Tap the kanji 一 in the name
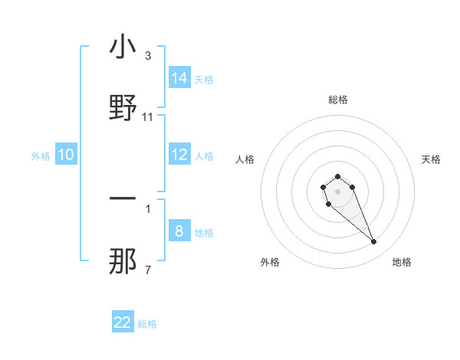pyautogui.click(x=123, y=201)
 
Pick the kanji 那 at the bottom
pyautogui.click(x=123, y=261)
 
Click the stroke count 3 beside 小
pyautogui.click(x=148, y=56)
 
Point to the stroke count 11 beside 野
pyautogui.click(x=148, y=116)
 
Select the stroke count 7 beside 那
pyautogui.click(x=148, y=270)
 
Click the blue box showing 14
pyautogui.click(x=179, y=78)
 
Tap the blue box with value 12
pyautogui.click(x=179, y=155)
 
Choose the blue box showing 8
pyautogui.click(x=179, y=231)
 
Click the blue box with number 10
pyautogui.click(x=66, y=155)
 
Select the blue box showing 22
pyautogui.click(x=123, y=322)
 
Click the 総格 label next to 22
pyautogui.click(x=147, y=324)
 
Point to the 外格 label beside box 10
pyautogui.click(x=41, y=156)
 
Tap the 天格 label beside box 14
pyautogui.click(x=204, y=79)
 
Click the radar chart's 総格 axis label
pyautogui.click(x=338, y=100)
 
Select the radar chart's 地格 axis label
pyautogui.click(x=402, y=262)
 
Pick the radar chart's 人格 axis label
pyautogui.click(x=245, y=159)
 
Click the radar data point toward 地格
pyautogui.click(x=374, y=242)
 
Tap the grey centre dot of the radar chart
pyautogui.click(x=337, y=191)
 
